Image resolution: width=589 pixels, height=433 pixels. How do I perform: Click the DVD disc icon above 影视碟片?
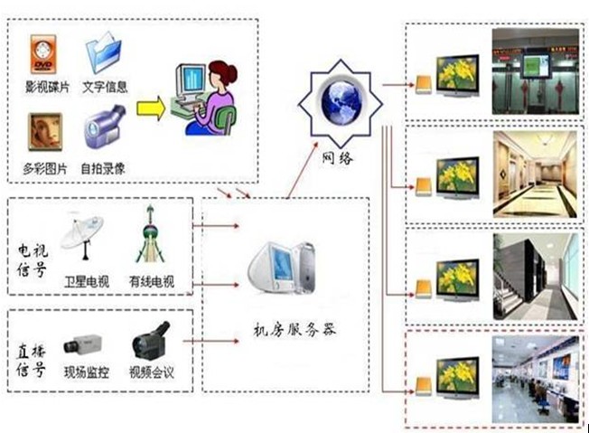(x=43, y=54)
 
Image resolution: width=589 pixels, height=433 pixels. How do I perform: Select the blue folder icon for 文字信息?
(x=104, y=52)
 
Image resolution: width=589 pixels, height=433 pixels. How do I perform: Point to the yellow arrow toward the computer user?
(x=151, y=108)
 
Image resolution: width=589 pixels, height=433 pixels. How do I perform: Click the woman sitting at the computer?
(x=217, y=98)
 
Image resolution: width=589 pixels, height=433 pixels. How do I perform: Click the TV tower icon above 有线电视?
(x=150, y=237)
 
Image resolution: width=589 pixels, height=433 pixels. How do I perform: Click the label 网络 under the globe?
(x=338, y=157)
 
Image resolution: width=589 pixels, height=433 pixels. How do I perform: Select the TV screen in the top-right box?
(x=458, y=75)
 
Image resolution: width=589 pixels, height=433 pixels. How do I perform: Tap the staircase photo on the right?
(x=535, y=278)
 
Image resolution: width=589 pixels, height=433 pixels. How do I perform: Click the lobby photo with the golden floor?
(x=535, y=174)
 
